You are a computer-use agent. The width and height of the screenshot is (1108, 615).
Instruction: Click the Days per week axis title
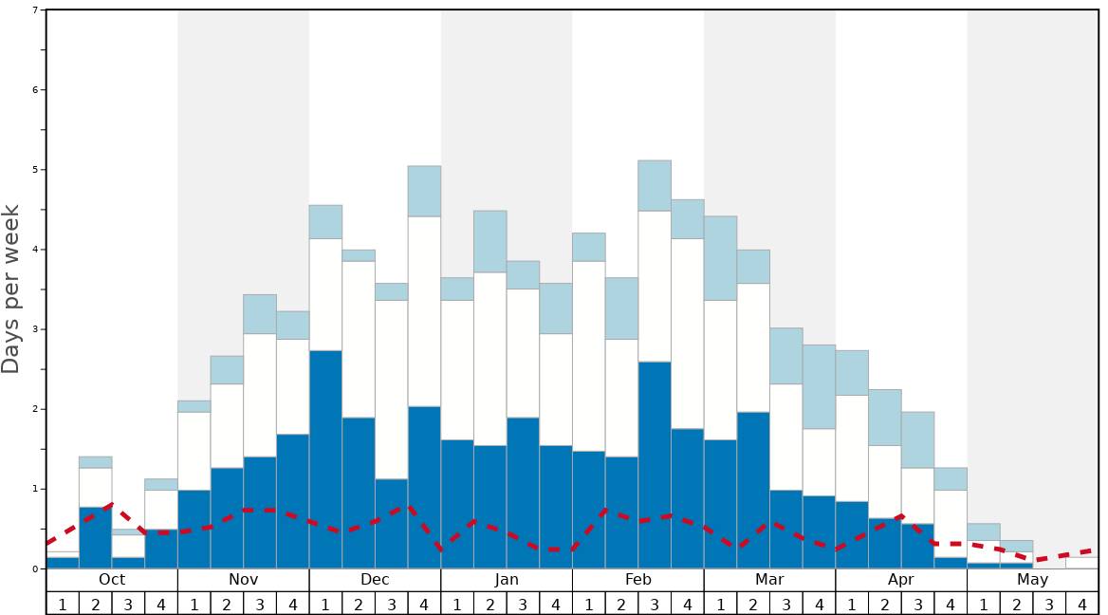pos(11,289)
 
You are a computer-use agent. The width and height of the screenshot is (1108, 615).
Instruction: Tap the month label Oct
pos(112,580)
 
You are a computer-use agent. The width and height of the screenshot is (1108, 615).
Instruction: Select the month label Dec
pos(375,580)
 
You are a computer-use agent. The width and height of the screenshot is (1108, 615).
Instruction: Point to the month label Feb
pos(638,580)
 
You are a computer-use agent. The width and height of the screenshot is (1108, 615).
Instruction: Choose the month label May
pos(1033,580)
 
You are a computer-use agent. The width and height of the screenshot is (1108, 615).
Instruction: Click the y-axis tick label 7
pos(35,10)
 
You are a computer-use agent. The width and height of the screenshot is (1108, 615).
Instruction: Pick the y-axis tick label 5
pos(35,170)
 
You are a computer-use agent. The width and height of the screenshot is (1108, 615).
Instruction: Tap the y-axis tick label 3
pos(35,329)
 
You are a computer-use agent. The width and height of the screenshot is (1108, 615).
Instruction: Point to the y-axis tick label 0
pos(35,569)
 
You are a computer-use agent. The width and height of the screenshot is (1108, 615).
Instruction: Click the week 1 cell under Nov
pos(194,604)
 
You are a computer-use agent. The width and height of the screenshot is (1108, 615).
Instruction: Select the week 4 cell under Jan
pos(556,604)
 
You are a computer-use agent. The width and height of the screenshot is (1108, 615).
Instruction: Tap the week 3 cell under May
pos(1049,604)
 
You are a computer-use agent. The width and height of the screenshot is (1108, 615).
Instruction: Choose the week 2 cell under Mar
pos(753,604)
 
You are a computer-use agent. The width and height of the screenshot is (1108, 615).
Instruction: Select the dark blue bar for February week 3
pos(655,465)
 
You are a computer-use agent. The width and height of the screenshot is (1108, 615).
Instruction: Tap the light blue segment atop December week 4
pos(424,191)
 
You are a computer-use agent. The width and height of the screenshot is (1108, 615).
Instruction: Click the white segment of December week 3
pos(391,389)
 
